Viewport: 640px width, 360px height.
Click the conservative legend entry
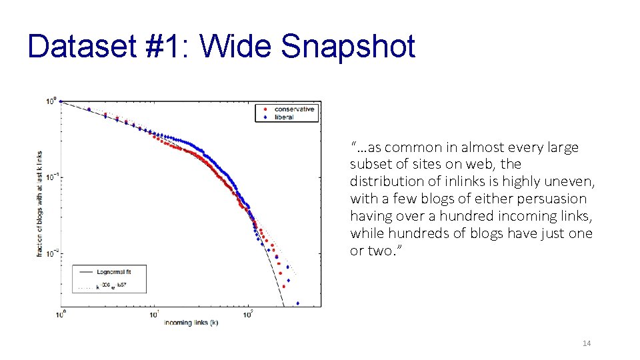(x=293, y=109)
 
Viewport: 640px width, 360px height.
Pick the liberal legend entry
(x=283, y=117)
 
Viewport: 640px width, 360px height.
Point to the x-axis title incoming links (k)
(x=191, y=323)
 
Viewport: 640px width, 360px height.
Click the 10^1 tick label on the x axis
(x=155, y=314)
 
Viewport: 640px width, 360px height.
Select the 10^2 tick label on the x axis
(x=248, y=314)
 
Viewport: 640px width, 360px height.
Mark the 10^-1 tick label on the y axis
(x=51, y=177)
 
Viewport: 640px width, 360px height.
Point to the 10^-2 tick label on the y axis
(x=51, y=251)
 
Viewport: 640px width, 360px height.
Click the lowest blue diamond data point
(x=297, y=302)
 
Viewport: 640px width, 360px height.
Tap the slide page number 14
(x=587, y=343)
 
